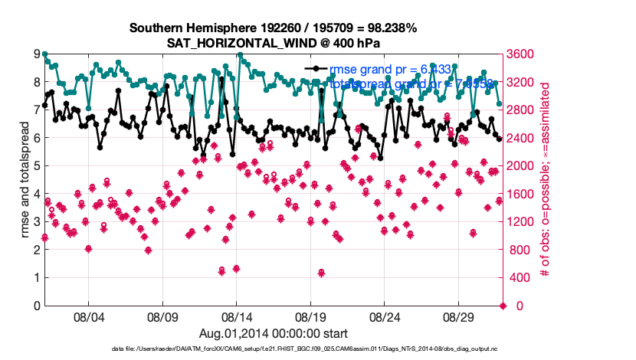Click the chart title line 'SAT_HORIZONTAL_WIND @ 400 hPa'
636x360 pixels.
click(x=273, y=43)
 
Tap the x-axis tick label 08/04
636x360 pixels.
click(x=88, y=316)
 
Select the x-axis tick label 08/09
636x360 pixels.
click(x=162, y=316)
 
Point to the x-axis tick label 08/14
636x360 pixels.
click(x=237, y=316)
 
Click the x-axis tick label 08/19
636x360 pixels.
click(x=311, y=316)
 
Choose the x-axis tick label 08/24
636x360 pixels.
click(x=385, y=316)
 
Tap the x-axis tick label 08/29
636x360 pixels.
click(x=460, y=316)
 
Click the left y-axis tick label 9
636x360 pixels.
click(x=36, y=54)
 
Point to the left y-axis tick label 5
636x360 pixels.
click(x=36, y=165)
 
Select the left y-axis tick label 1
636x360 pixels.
click(x=36, y=277)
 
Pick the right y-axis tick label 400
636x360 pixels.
click(x=520, y=277)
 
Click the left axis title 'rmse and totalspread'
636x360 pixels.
click(x=24, y=180)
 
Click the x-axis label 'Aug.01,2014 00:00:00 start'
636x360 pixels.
click(x=273, y=333)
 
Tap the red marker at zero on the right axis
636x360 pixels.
click(x=503, y=306)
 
